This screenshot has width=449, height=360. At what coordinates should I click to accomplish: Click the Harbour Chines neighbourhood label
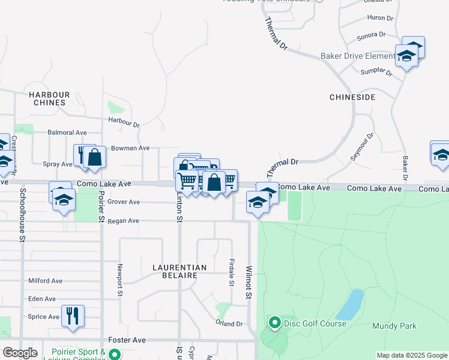(x=49, y=98)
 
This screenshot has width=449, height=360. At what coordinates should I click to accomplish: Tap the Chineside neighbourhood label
(x=352, y=97)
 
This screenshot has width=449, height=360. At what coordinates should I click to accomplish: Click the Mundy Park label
(x=394, y=326)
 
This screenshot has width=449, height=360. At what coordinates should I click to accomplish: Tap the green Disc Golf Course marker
(x=275, y=323)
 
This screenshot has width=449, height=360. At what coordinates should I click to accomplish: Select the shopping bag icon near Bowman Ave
(x=94, y=157)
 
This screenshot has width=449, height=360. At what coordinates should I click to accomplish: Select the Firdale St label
(x=232, y=272)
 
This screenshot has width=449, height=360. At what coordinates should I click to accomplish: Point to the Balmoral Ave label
(x=67, y=133)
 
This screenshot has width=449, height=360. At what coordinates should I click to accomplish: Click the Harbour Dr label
(x=124, y=122)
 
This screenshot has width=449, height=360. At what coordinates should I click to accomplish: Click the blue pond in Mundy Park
(x=350, y=305)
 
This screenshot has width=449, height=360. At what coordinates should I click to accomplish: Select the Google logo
(x=20, y=353)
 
